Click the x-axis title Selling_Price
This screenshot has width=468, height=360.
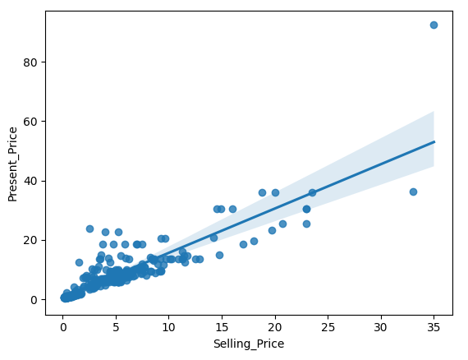tap(248, 344)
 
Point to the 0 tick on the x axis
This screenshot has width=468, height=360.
tap(63, 327)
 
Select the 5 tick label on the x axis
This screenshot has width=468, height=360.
tap(116, 327)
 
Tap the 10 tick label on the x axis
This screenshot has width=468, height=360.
tap(169, 327)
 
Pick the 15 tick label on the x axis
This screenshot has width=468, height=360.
tap(222, 327)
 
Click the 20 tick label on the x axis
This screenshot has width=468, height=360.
tap(275, 327)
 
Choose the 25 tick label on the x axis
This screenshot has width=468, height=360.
tap(328, 327)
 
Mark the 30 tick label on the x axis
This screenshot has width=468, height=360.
tap(381, 327)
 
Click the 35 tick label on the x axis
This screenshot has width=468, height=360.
tap(434, 327)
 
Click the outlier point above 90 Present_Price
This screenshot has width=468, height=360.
tap(434, 25)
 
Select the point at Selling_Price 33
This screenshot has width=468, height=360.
tap(413, 192)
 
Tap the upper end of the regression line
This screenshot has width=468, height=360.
tap(434, 142)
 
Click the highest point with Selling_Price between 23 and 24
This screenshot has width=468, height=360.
tap(312, 192)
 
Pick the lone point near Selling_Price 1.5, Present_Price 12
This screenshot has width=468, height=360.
tap(79, 262)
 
